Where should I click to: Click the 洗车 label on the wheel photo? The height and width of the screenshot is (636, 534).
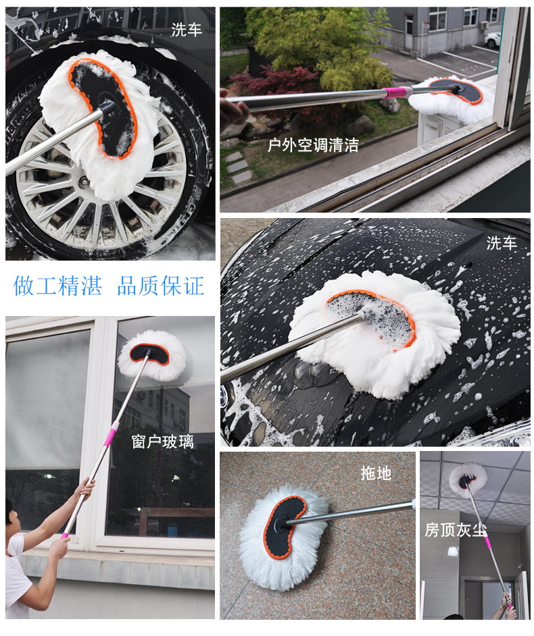[x=186, y=30]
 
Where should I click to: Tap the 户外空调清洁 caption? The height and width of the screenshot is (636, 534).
[x=313, y=144]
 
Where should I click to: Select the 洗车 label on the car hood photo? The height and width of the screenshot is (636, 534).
[x=502, y=244]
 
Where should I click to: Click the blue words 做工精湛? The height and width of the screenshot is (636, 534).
[x=57, y=286]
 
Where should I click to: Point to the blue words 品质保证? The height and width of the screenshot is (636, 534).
[x=160, y=286]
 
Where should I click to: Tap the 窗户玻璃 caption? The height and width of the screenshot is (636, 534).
[x=162, y=442]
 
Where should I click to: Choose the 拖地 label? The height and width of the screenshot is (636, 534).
[x=376, y=473]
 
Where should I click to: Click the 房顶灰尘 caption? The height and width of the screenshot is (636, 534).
[x=455, y=529]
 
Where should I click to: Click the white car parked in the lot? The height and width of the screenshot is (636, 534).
[x=493, y=40]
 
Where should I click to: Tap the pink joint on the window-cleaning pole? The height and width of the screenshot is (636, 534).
[x=110, y=433]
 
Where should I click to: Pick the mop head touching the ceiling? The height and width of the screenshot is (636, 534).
[x=468, y=479]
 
